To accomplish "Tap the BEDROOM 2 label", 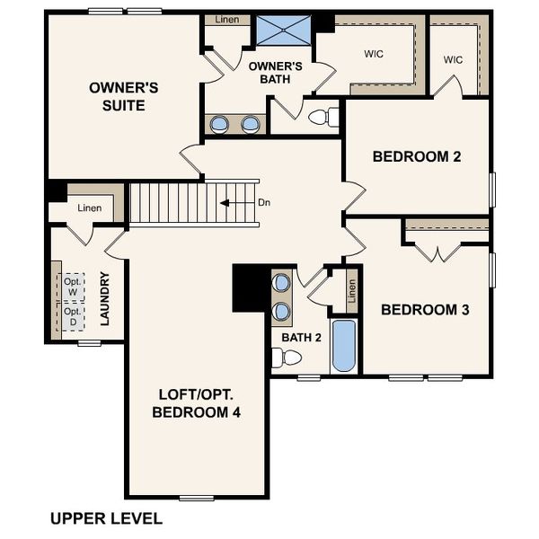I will [x=417, y=156].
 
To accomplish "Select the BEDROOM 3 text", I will [x=425, y=310].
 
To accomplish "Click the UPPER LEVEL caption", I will [x=106, y=518].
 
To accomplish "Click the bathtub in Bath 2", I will [x=343, y=346].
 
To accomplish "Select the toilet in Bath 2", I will [x=287, y=358].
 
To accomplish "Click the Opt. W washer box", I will [x=72, y=287].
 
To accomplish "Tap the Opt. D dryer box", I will [x=72, y=316].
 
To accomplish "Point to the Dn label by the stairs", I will [x=264, y=203].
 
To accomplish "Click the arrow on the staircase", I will [x=235, y=203].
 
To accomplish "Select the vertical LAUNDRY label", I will [x=105, y=298].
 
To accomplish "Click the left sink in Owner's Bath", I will [x=220, y=124].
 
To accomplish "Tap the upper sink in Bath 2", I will [x=282, y=283].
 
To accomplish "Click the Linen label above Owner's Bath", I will [x=226, y=19].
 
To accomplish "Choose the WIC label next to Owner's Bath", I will [x=375, y=53].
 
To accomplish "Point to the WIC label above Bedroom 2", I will [x=453, y=59].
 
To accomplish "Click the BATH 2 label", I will [x=301, y=337].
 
